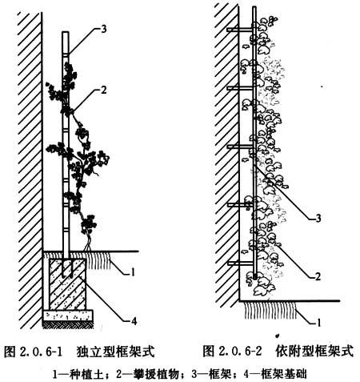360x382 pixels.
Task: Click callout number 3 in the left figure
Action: [x=104, y=29]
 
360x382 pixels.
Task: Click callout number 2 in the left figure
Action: [x=104, y=90]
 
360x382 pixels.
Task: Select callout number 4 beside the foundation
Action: [x=134, y=321]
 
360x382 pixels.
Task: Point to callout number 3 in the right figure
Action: [x=318, y=219]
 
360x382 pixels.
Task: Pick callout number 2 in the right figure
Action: [x=318, y=276]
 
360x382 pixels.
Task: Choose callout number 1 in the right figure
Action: [x=318, y=323]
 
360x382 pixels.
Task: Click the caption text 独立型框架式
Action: [x=115, y=352]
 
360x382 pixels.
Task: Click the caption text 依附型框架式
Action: [x=314, y=351]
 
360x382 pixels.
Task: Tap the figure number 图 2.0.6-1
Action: [x=33, y=352]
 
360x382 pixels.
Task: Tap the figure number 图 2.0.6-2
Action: [x=232, y=351]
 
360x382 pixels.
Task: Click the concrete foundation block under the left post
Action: [x=68, y=283]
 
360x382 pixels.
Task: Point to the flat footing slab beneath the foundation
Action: [x=68, y=315]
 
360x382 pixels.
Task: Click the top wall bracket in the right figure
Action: [x=240, y=30]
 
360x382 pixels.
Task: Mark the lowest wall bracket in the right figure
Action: [x=241, y=263]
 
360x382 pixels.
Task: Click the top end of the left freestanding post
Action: [x=66, y=32]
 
